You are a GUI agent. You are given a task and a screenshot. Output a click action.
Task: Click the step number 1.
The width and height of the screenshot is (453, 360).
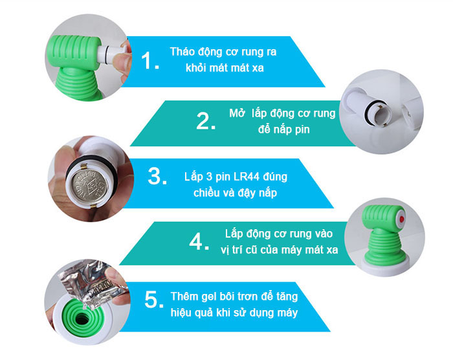pos(149,60)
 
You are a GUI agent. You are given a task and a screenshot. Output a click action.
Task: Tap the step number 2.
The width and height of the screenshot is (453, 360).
pos(206,121)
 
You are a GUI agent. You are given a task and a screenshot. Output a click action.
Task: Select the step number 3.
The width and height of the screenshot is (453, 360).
pos(157,176)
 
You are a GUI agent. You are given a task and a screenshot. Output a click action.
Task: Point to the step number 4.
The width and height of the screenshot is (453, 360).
pos(199,242)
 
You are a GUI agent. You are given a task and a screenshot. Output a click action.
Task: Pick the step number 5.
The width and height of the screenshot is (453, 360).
pos(154,300)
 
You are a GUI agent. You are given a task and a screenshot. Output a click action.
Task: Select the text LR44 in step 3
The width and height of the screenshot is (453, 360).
pos(246,176)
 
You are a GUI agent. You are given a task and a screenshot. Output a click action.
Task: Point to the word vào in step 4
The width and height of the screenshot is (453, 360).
pos(324,234)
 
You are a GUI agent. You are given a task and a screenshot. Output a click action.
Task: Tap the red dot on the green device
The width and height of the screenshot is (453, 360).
pos(402,219)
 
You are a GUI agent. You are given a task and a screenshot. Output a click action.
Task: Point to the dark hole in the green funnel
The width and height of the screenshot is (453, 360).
pos(81,319)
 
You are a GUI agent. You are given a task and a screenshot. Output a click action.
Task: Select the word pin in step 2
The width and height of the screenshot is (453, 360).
pos(302,129)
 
